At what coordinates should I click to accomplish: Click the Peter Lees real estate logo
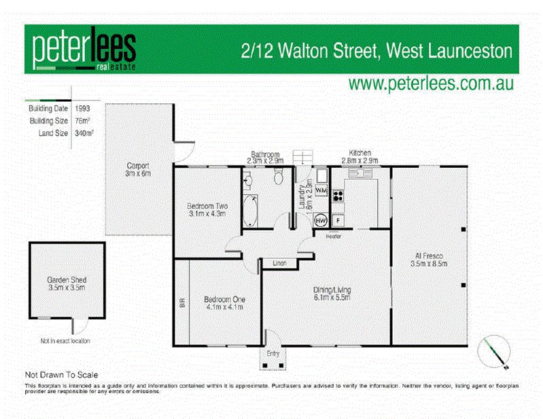pyautogui.click(x=84, y=49)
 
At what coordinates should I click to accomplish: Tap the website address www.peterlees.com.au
pyautogui.click(x=430, y=84)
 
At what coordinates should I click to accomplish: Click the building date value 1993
pyautogui.click(x=83, y=108)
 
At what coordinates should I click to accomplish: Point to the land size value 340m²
pyautogui.click(x=84, y=133)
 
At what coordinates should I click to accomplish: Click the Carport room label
pyautogui.click(x=137, y=170)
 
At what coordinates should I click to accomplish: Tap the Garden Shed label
pyautogui.click(x=67, y=283)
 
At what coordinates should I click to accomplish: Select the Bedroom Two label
pyautogui.click(x=207, y=209)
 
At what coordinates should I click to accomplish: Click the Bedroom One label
pyautogui.click(x=224, y=303)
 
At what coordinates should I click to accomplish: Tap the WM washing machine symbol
pyautogui.click(x=321, y=193)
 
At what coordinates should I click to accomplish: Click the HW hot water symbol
pyautogui.click(x=321, y=221)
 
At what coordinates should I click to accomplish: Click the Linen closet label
pyautogui.click(x=279, y=262)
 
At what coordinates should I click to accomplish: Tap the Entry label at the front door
pyautogui.click(x=273, y=354)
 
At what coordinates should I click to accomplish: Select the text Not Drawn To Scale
pyautogui.click(x=62, y=374)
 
